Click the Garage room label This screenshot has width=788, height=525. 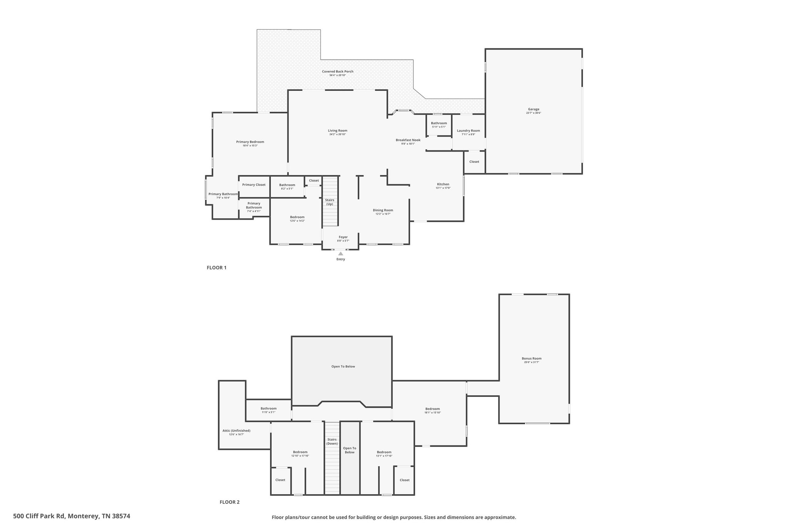pos(533,109)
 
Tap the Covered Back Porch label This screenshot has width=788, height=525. pos(337,72)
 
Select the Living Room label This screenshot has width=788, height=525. pos(337,131)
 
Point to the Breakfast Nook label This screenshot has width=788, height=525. pos(408,140)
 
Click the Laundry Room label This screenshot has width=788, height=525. pos(468,131)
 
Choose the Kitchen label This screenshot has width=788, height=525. pos(443,184)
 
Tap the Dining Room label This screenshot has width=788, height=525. pos(383,210)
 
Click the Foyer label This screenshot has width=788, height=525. pos(343,237)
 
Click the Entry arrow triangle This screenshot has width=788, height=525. pos(341,253)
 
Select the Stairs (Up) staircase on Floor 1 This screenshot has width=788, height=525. pos(330,201)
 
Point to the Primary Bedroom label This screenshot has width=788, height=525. pos(250,142)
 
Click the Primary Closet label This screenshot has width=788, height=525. pos(254,185)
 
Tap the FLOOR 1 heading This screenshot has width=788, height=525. pos(217,268)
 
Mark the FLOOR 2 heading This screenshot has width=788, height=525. pos(229,502)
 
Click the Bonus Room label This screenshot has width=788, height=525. pos(531,358)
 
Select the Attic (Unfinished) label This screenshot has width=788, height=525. pos(236,430)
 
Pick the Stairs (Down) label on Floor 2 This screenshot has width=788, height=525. pos(332,442)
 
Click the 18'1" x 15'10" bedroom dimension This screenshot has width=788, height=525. pos(432,413)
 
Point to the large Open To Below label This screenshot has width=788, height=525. pos(343,367)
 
